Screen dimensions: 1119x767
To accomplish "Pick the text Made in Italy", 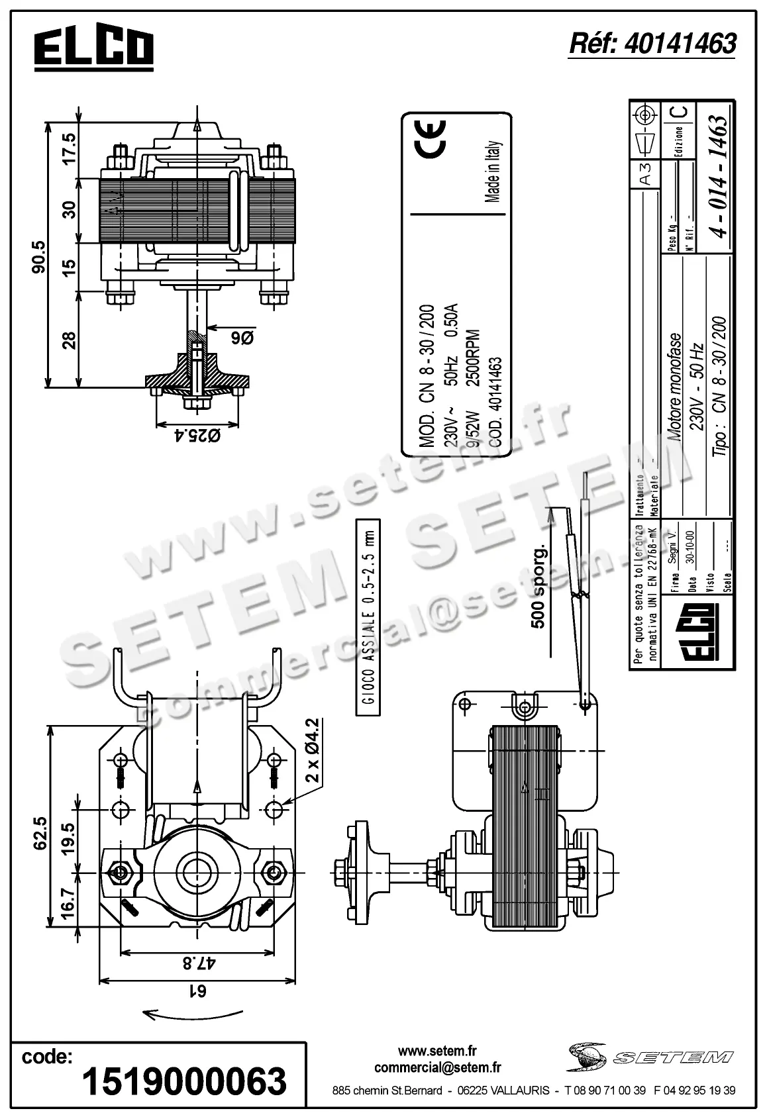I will pyautogui.click(x=491, y=171).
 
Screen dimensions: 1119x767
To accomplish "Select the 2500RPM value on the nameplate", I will pyautogui.click(x=473, y=358).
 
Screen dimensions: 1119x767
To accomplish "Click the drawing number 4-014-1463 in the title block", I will pyautogui.click(x=717, y=175).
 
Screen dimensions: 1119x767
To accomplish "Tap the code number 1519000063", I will pyautogui.click(x=184, y=1081).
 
